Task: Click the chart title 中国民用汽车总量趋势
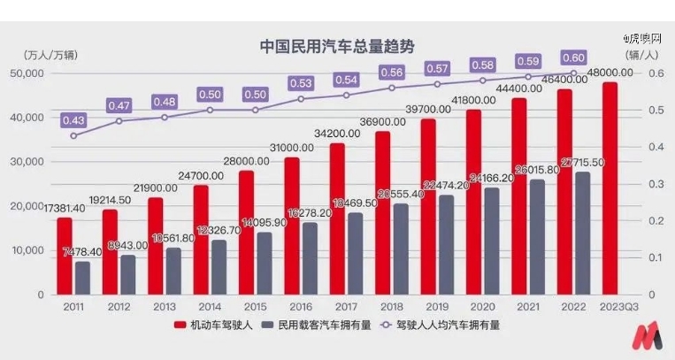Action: tap(336, 45)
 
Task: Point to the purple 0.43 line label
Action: tap(73, 119)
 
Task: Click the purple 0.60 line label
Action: tap(573, 57)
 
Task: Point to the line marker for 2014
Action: tap(210, 110)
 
